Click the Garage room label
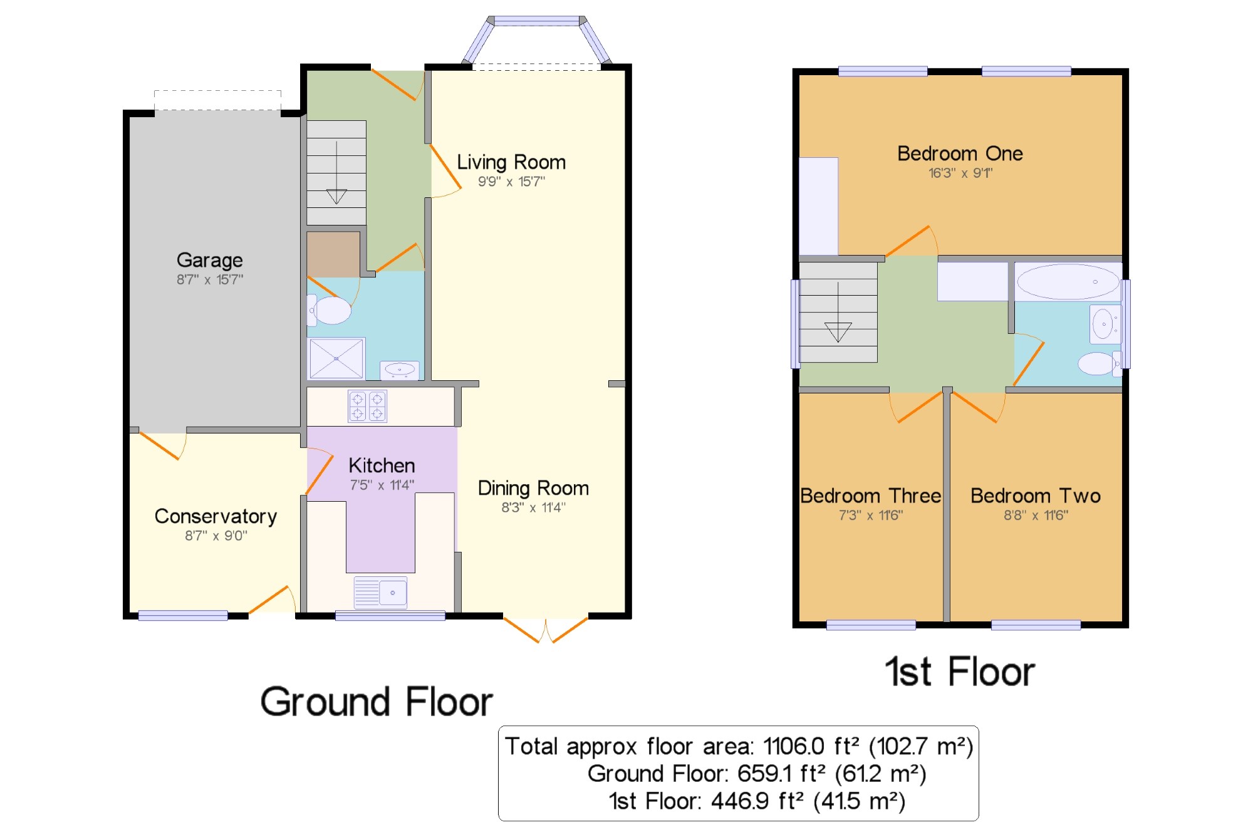click(210, 260)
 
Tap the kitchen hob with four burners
click(368, 406)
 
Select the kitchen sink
click(380, 593)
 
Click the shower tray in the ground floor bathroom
click(336, 358)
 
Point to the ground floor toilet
click(329, 310)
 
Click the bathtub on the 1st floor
click(1068, 282)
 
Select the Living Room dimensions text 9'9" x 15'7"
click(511, 182)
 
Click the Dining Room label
click(533, 488)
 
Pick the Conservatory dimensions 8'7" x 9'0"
click(216, 536)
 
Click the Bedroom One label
click(960, 153)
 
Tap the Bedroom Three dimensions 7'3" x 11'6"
click(871, 516)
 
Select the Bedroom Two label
click(1036, 495)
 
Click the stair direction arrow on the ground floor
click(336, 172)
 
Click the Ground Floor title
click(377, 702)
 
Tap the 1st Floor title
click(960, 672)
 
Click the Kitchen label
click(382, 465)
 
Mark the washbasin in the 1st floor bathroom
click(1105, 324)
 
